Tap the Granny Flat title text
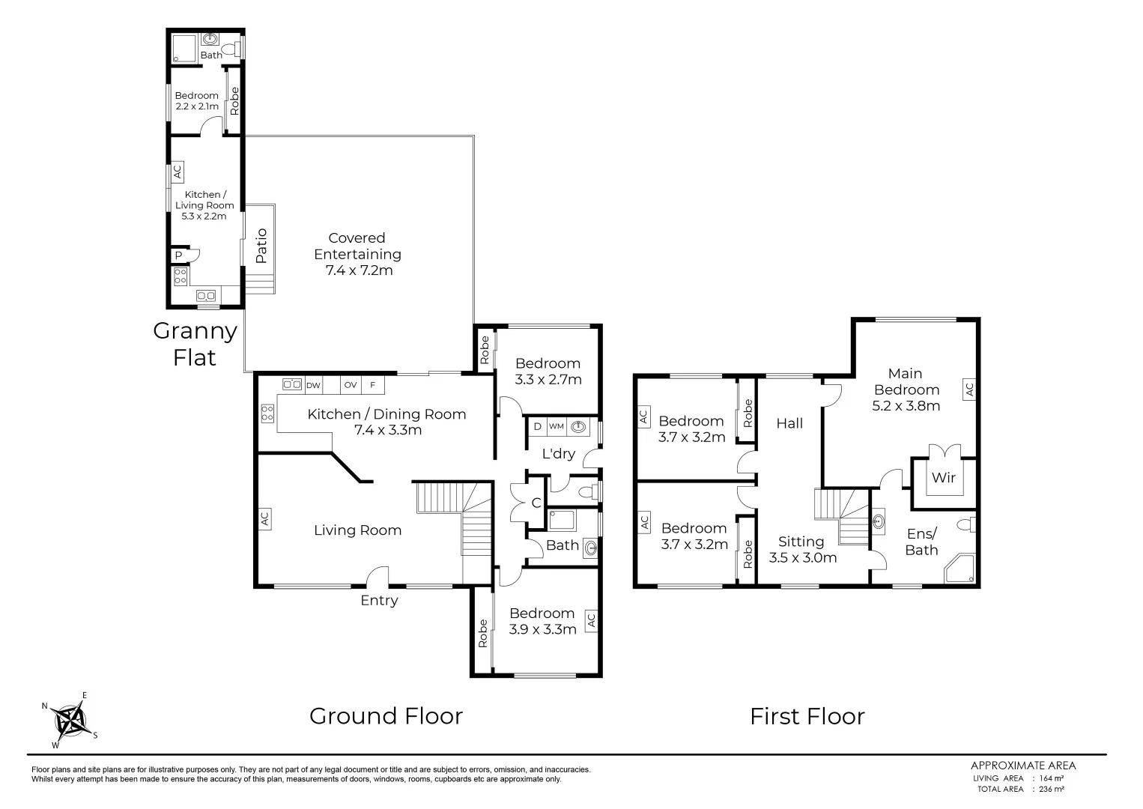tap(195, 344)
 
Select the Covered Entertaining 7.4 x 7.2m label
tap(358, 254)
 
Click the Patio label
tap(261, 246)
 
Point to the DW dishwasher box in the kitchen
tap(313, 385)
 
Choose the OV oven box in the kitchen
tap(351, 385)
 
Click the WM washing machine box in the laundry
tap(557, 426)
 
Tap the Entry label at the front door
tap(379, 600)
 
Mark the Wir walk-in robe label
tap(944, 478)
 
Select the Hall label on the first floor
tap(790, 423)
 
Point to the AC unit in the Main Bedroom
tap(969, 390)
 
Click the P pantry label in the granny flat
tap(178, 255)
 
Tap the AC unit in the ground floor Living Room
tap(264, 519)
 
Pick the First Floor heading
tap(807, 717)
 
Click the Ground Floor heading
tap(386, 716)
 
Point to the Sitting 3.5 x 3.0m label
tap(803, 550)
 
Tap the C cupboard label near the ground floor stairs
tap(536, 503)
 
